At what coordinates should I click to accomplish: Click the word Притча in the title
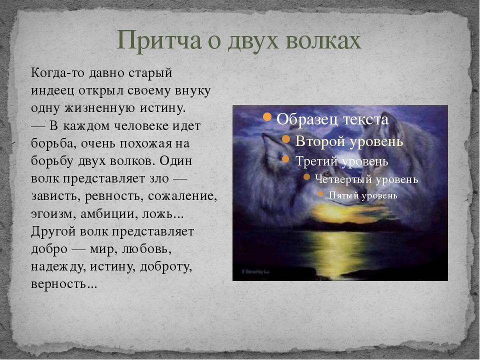pos(159,40)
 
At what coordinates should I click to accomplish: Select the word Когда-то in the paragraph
pos(57,73)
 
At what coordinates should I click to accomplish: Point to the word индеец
pos(52,91)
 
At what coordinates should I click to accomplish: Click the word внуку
pos(193,91)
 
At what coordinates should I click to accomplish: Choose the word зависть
pos(56,196)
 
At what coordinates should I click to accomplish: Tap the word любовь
pos(146,249)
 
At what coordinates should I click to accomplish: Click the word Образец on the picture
pos(306,119)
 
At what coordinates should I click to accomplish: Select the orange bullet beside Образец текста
pos(267,116)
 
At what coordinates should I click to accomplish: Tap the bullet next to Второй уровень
pos(286,139)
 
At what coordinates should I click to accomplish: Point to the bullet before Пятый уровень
pos(320,193)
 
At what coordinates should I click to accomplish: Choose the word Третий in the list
pos(316,161)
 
